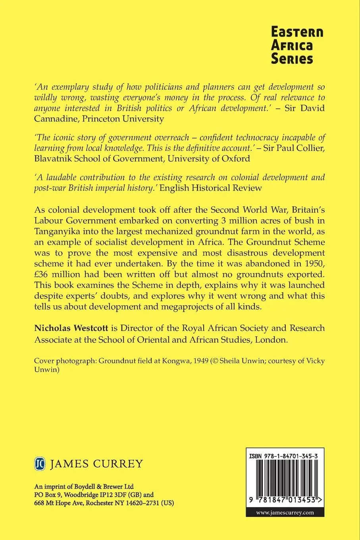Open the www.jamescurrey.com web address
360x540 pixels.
click(x=285, y=512)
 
